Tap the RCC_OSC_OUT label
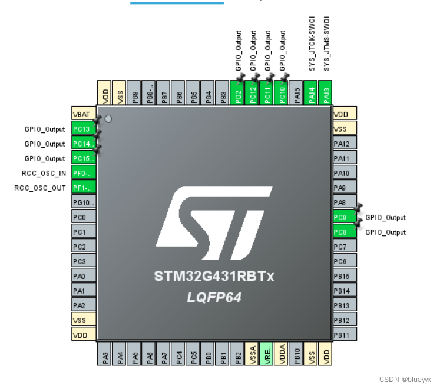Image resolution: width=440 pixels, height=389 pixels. point(40,188)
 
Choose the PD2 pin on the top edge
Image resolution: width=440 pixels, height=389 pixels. point(237,93)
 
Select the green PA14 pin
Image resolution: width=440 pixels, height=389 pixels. point(312,93)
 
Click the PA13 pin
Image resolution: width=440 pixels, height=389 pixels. point(326,93)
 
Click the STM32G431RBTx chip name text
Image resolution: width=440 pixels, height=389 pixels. point(214,276)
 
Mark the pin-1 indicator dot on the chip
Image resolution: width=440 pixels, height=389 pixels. point(108,119)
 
